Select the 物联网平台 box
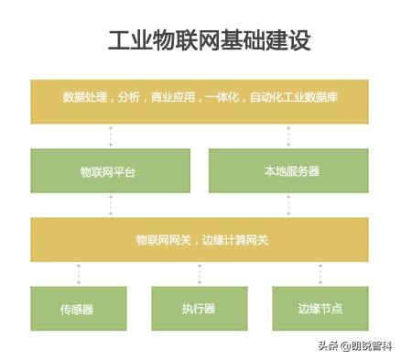(110, 171)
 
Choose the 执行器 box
(199, 309)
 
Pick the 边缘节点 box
(320, 309)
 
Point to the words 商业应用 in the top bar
(171, 97)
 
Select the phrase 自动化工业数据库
(295, 97)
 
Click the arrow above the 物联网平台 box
(111, 136)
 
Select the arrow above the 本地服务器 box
(288, 136)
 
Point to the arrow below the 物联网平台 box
(111, 205)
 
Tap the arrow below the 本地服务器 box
(288, 205)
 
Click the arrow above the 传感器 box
(79, 274)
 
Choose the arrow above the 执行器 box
(200, 274)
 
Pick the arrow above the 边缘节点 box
(320, 274)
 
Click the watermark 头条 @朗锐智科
(354, 346)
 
